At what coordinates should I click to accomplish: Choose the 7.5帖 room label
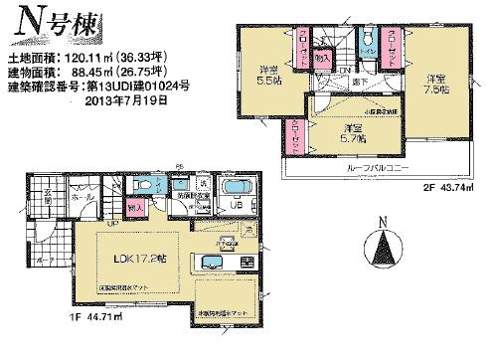pyautogui.click(x=436, y=85)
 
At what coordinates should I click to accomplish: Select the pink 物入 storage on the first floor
pyautogui.click(x=133, y=210)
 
